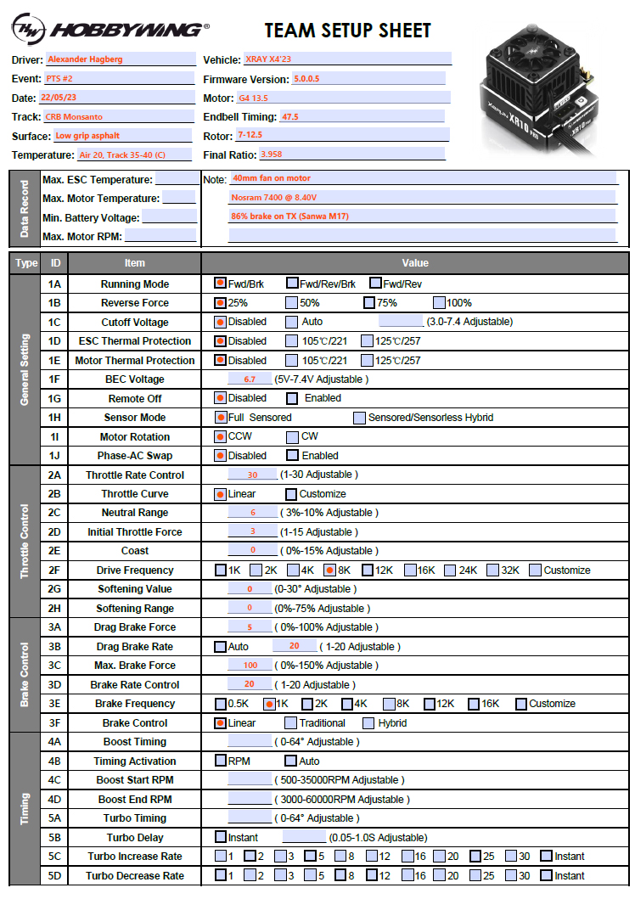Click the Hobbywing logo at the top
coord(110,30)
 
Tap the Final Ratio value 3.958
coord(351,155)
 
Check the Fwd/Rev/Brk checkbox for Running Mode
coord(293,284)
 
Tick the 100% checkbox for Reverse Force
coord(439,302)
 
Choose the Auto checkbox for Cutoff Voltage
coord(292,322)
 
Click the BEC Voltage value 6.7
coord(250,379)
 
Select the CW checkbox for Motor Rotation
coord(292,436)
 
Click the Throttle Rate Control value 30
coord(252,475)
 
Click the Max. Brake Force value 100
coord(250,666)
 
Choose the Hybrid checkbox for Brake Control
coord(369,722)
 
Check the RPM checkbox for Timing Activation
coord(221,761)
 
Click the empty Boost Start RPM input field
coord(250,779)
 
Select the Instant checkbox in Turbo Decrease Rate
coord(546,875)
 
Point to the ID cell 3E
coord(55,704)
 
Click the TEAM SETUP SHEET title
coord(348,31)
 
